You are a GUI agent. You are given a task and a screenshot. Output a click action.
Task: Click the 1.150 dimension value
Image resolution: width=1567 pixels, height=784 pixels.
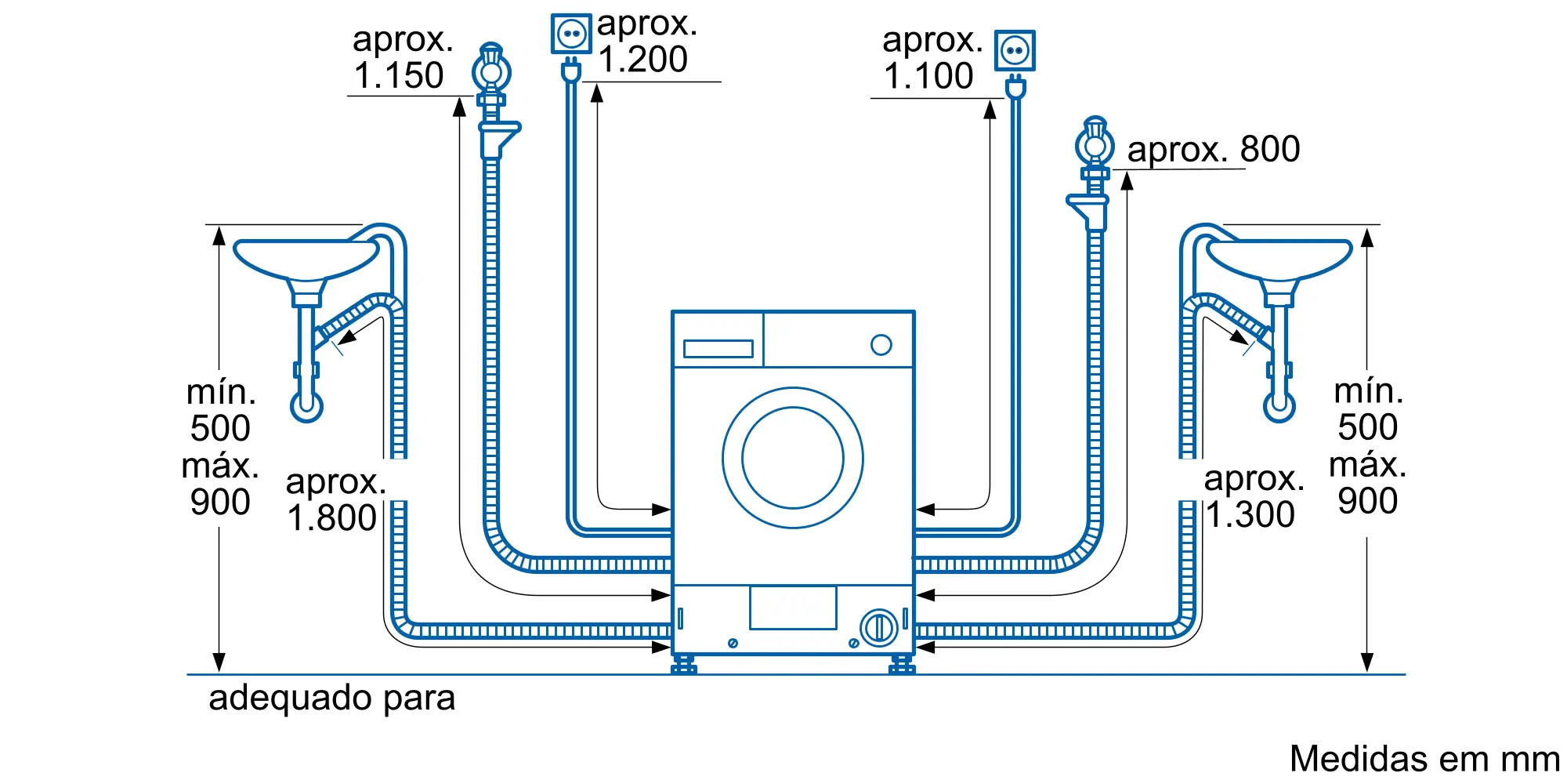399,76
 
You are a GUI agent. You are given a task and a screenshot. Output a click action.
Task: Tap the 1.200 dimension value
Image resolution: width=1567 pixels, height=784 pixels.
643,60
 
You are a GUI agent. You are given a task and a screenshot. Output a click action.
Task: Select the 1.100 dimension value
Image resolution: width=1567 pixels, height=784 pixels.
928,76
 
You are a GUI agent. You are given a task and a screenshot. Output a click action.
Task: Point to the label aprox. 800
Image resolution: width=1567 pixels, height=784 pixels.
1213,149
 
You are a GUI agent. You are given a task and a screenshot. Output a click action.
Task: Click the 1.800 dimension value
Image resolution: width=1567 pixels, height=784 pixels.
332,518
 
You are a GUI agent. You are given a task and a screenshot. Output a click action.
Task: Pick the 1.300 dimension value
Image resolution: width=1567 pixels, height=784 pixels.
1250,515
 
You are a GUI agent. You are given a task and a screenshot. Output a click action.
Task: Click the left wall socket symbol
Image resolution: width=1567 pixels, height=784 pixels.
571,34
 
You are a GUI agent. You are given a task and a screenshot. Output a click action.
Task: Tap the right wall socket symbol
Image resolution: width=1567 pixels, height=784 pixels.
1015,51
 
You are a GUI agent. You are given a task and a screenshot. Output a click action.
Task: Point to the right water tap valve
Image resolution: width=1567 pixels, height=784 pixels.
1095,146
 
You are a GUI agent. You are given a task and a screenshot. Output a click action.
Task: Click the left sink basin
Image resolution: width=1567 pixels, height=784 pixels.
306,259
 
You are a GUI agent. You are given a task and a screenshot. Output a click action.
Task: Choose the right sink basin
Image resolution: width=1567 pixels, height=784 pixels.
1279,259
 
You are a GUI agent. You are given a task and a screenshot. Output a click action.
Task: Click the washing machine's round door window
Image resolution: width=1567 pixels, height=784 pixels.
793,458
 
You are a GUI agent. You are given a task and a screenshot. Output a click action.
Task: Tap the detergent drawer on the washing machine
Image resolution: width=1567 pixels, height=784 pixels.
718,348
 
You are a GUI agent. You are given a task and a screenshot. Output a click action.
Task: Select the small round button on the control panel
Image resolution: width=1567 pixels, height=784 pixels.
881,345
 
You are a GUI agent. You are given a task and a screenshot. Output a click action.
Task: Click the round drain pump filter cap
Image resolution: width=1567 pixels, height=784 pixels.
878,628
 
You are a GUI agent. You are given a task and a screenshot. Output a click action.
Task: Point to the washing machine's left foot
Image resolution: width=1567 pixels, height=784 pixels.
684,665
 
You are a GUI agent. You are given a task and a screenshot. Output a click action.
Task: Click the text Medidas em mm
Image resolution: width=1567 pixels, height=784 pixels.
1424,758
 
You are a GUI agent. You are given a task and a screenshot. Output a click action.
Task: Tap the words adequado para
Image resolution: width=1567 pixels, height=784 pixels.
331,698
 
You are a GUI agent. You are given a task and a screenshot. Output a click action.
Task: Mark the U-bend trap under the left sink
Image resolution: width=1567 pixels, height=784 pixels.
306,405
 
